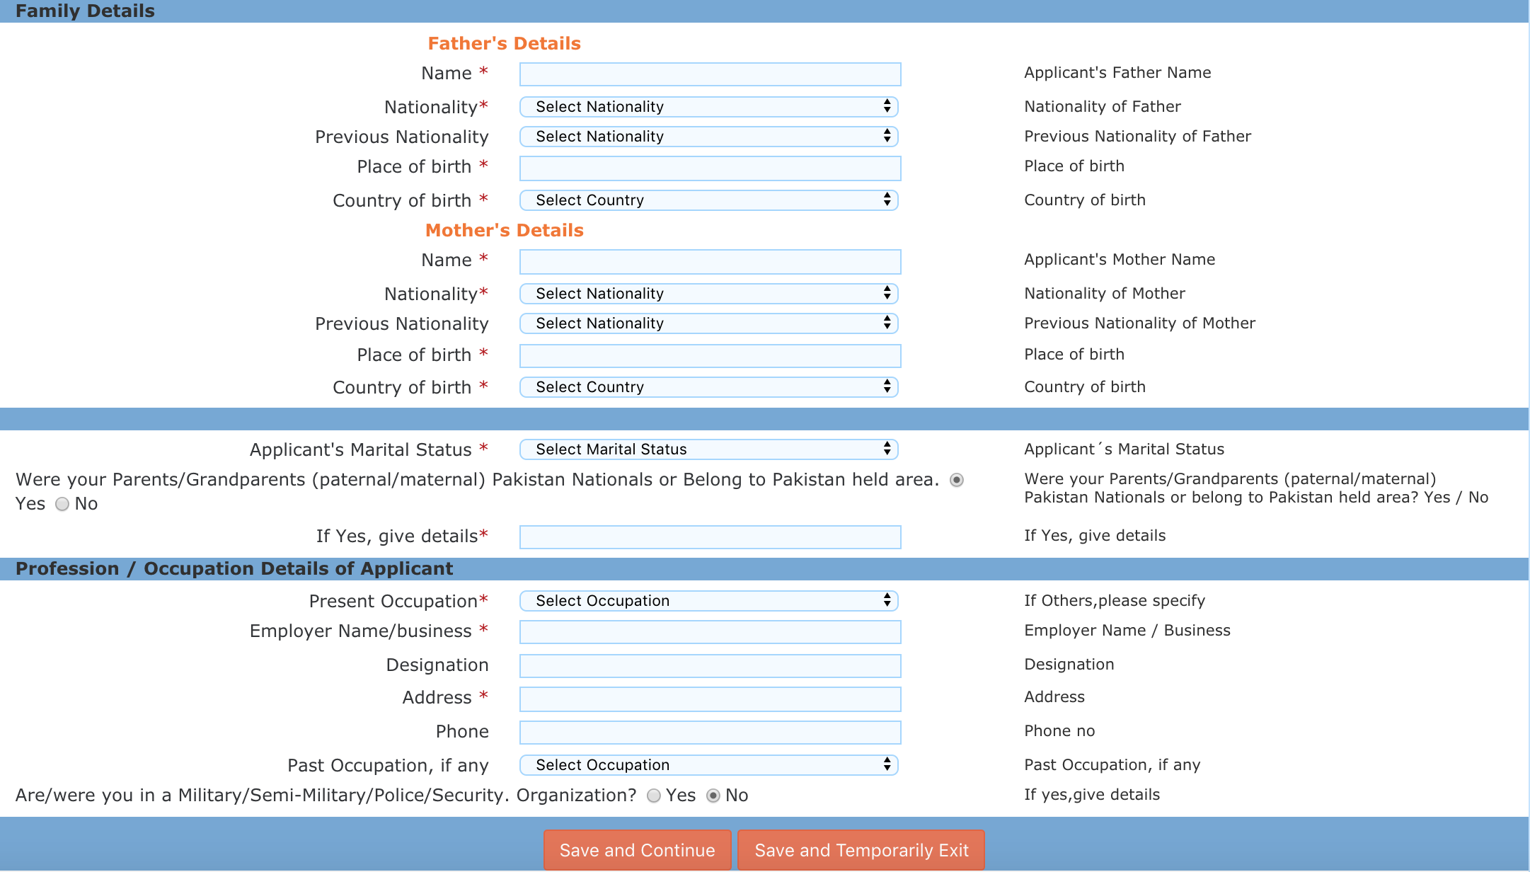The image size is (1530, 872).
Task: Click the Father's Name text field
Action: pos(710,74)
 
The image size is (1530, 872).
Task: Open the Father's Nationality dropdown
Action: pos(708,107)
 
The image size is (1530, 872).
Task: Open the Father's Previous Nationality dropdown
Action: pos(708,137)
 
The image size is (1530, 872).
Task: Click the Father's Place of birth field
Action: pos(710,168)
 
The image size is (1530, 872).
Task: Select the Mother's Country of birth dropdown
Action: pos(708,387)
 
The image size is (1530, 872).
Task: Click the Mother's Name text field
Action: pos(710,261)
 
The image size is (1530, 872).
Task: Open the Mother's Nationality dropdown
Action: pos(708,294)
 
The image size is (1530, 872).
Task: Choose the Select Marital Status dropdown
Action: pos(708,449)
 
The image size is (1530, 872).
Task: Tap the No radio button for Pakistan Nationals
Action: pos(62,504)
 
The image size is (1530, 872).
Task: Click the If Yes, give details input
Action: pos(710,537)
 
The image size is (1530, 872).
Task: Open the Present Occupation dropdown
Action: pos(708,601)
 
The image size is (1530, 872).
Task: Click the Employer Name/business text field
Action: pos(710,632)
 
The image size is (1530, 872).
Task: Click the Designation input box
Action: pos(710,666)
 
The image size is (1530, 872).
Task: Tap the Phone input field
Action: pos(710,733)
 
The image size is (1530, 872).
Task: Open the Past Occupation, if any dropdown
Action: pos(708,765)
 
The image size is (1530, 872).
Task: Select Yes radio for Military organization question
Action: pos(654,796)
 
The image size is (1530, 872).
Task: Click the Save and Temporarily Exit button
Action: pos(861,850)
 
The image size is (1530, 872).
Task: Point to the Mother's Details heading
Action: pos(504,231)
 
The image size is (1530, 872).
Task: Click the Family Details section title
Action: pos(85,11)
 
